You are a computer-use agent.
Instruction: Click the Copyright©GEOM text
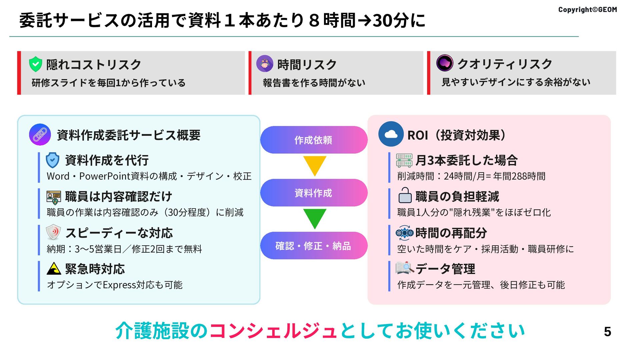click(587, 10)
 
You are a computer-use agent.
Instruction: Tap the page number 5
click(607, 332)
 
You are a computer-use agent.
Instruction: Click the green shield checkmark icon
click(35, 64)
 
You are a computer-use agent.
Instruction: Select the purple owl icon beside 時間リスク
click(265, 63)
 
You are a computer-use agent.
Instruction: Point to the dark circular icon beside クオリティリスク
click(445, 63)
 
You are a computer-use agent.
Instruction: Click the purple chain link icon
click(40, 135)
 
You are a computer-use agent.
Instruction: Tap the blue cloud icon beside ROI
click(391, 134)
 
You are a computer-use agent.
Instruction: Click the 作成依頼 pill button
click(313, 140)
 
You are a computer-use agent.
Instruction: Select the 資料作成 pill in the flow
click(313, 193)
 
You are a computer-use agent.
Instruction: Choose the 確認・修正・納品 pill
click(313, 246)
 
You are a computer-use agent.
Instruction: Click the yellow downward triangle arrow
click(314, 165)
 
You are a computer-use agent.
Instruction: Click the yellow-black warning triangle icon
click(53, 268)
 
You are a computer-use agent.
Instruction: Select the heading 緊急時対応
click(95, 269)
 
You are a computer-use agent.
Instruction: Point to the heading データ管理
click(445, 269)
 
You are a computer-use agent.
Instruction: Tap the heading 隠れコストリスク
click(94, 65)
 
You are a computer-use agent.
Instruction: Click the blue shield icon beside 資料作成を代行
click(53, 160)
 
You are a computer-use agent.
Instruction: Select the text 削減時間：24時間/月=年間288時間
click(471, 176)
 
